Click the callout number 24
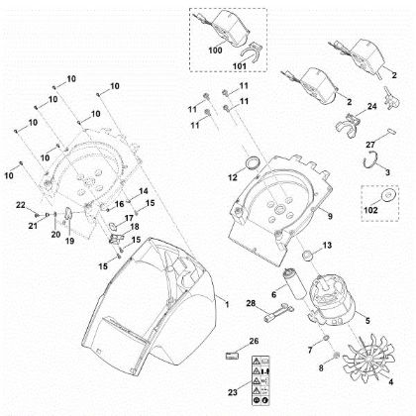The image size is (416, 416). (372, 106)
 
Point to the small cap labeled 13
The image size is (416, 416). (307, 258)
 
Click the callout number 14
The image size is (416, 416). (143, 190)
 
